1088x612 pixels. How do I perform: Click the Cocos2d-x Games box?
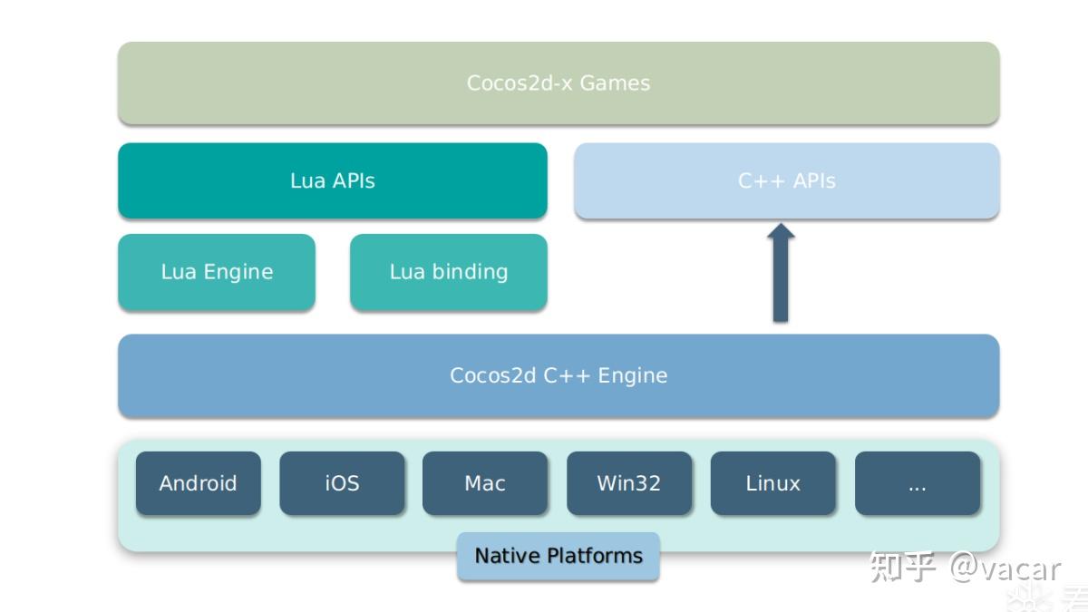[559, 83]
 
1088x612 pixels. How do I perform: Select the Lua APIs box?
[332, 180]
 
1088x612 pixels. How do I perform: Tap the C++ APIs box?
[786, 180]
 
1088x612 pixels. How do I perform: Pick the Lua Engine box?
[217, 272]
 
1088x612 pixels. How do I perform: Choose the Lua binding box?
[448, 272]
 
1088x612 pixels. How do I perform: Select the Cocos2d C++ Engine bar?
[559, 375]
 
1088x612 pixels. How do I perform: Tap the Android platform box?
[198, 483]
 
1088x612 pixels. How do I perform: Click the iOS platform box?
[342, 483]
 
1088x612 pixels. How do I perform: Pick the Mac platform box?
[485, 483]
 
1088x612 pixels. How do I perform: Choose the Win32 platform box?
[628, 483]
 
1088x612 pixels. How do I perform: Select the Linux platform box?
[772, 483]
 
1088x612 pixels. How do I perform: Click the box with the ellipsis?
[917, 483]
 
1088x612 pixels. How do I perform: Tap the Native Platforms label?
[558, 556]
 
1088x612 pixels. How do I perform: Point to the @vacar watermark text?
[1005, 568]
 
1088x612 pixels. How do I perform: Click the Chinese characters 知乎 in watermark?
[902, 568]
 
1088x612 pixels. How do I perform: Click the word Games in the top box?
[615, 83]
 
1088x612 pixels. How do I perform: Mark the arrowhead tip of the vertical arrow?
[780, 227]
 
